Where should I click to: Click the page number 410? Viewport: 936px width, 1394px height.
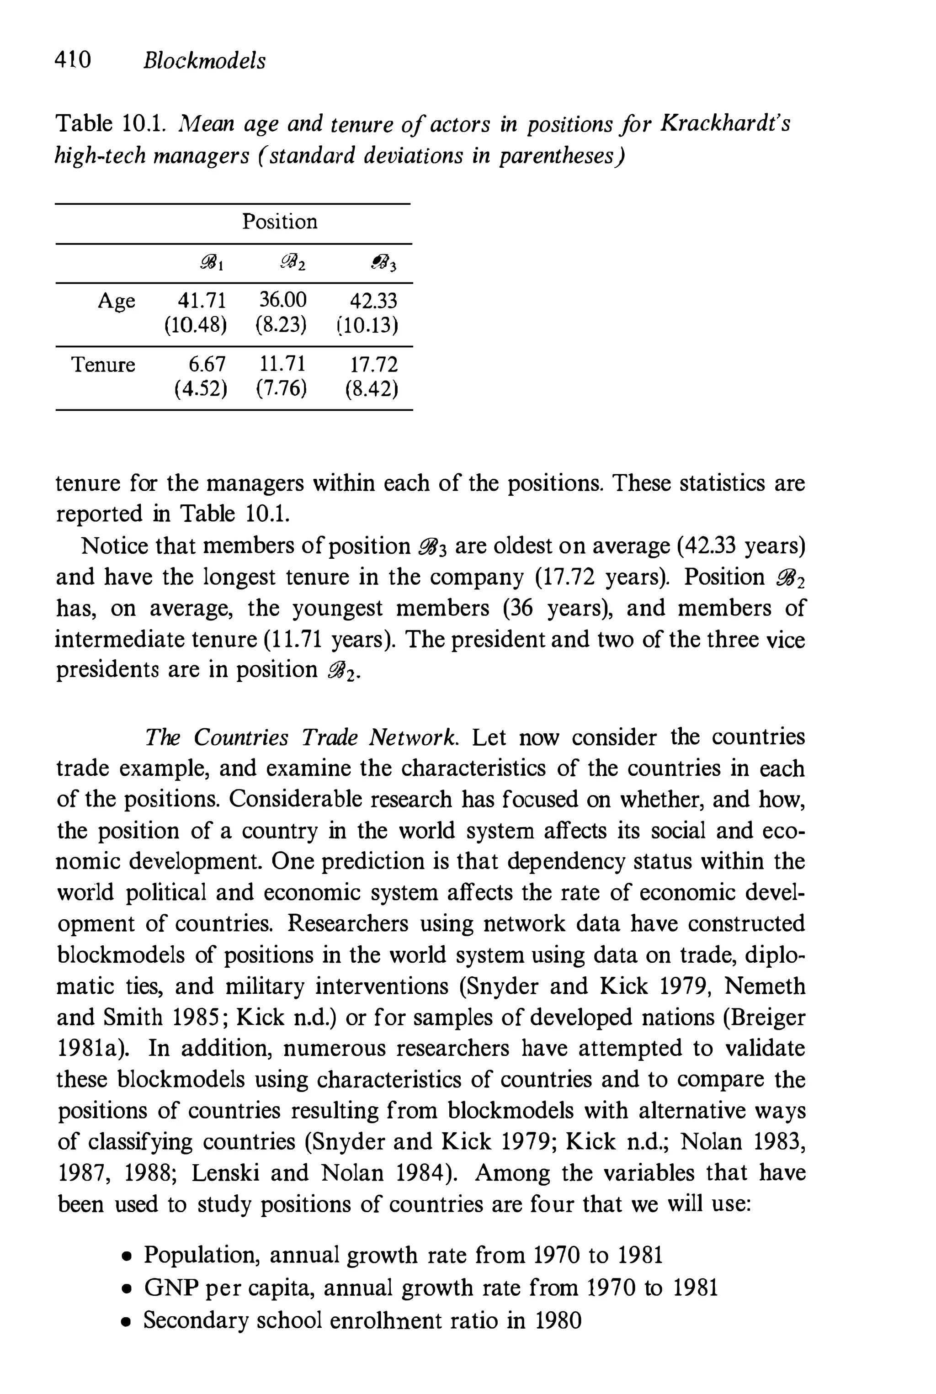pos(73,60)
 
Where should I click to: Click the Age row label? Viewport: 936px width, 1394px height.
pos(117,301)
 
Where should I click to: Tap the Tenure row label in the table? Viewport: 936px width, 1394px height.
pos(103,364)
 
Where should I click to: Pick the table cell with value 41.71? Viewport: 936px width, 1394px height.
pos(202,300)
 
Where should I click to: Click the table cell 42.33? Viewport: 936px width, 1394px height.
pos(372,300)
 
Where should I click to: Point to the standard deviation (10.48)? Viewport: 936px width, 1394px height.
pos(196,326)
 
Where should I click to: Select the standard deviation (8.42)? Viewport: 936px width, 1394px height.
pos(371,389)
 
